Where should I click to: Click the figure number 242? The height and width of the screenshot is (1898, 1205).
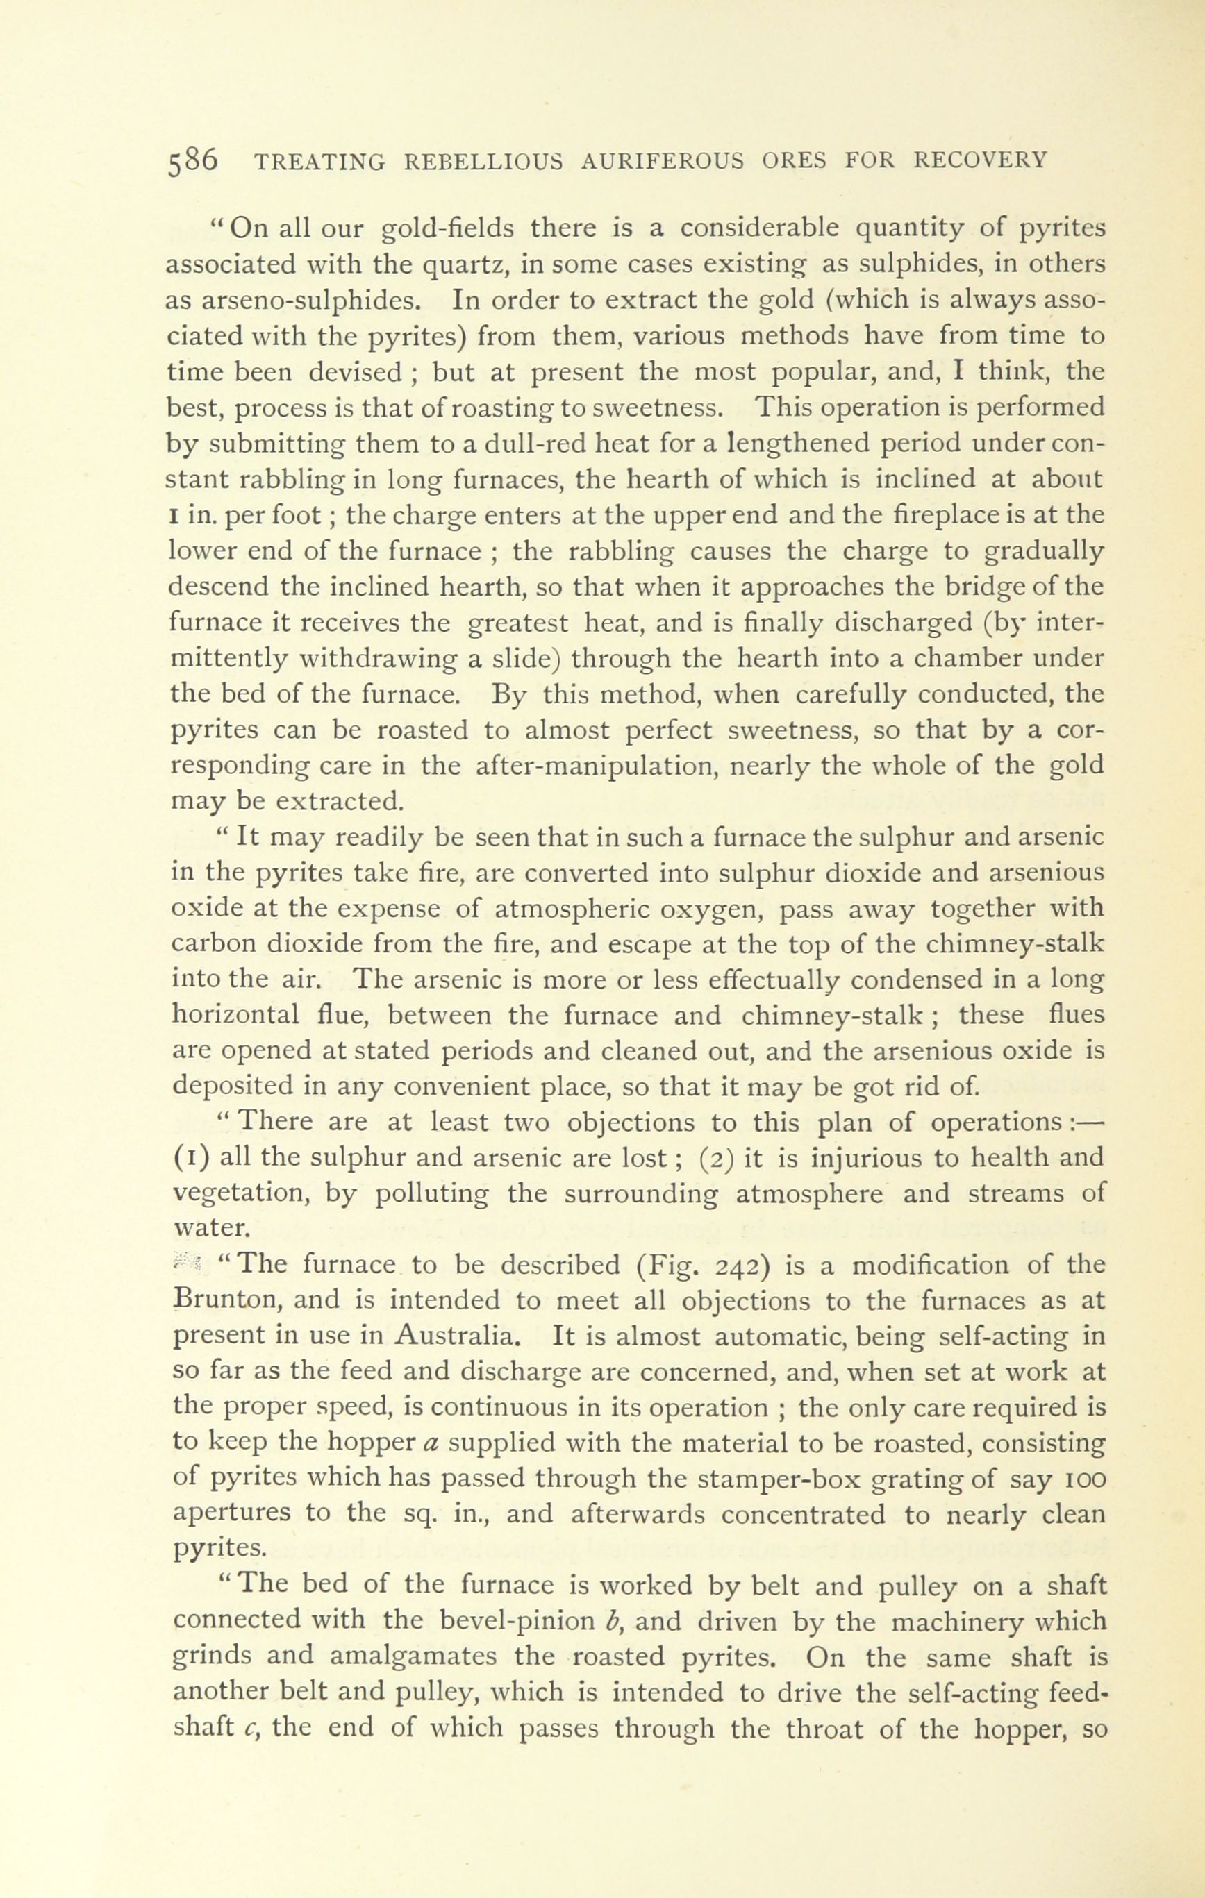click(735, 1265)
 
